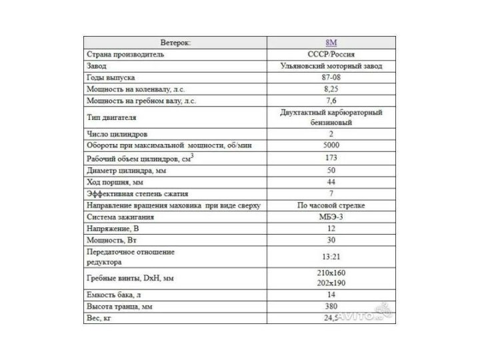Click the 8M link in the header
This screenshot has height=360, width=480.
click(331, 41)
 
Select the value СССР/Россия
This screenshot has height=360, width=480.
click(331, 53)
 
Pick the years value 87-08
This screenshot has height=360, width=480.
click(331, 77)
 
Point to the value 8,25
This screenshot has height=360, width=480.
click(331, 89)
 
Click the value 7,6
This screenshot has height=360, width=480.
click(331, 101)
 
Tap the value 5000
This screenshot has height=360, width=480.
click(331, 145)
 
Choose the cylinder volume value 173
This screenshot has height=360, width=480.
click(331, 158)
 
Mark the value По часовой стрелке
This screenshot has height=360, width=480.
click(331, 205)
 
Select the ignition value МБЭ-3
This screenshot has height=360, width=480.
click(331, 217)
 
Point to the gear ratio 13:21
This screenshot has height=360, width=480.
click(331, 257)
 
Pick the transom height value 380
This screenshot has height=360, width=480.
click(331, 306)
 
